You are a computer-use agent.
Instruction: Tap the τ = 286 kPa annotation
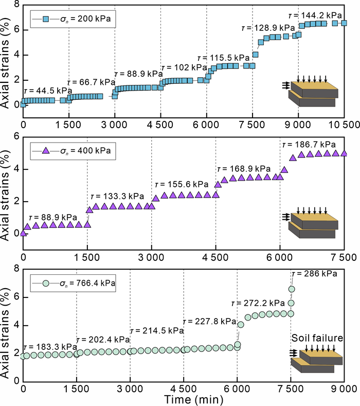point(313,274)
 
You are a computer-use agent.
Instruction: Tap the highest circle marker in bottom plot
point(292,289)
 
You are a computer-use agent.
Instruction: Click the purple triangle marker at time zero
point(23,233)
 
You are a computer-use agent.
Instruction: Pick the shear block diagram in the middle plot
point(312,223)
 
